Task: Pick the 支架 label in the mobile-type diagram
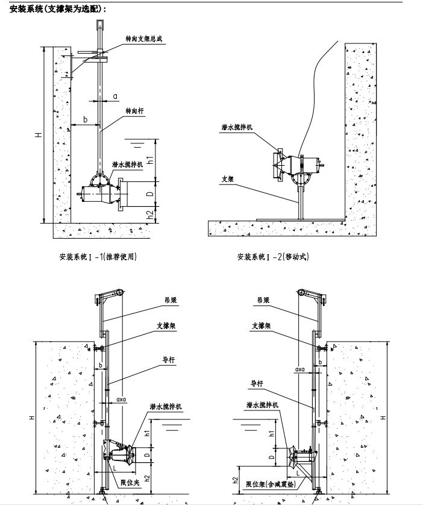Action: point(227,178)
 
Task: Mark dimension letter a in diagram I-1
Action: point(115,96)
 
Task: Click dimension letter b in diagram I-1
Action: point(85,120)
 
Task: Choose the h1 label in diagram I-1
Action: point(152,160)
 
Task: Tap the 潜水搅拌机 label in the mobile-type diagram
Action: point(237,128)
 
